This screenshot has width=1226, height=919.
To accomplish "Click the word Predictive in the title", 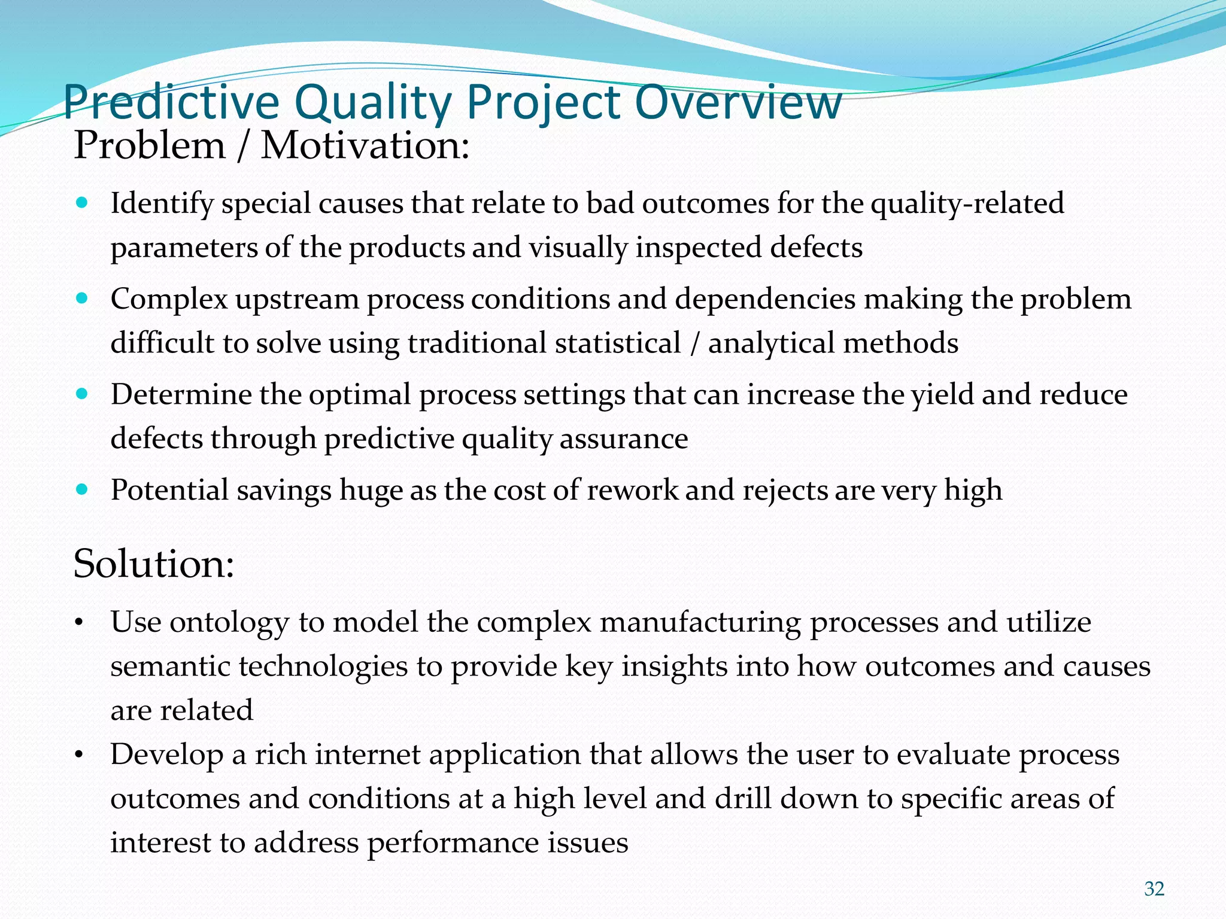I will point(171,103).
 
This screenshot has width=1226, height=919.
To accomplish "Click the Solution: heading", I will point(153,564).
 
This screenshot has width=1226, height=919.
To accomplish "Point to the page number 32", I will point(1154,889).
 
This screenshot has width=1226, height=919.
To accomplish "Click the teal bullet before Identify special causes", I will point(83,203).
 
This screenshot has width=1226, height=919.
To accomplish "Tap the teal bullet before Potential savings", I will point(83,489).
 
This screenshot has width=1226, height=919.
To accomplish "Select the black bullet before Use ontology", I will point(78,624).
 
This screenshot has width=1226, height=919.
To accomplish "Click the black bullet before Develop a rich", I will point(78,756).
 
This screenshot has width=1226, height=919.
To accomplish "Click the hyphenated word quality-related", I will point(967,203).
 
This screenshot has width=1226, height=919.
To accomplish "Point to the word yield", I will point(943,395).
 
